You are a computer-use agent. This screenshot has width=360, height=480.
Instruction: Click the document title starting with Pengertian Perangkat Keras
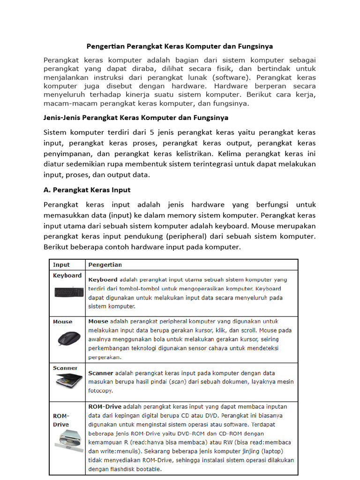click(180, 46)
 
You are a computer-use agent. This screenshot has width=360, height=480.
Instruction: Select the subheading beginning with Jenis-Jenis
click(136, 117)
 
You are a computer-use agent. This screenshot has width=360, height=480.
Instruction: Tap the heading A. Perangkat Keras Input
click(87, 190)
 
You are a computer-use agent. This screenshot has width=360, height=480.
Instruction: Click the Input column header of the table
click(61, 264)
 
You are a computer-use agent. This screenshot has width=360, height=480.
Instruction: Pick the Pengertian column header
click(105, 264)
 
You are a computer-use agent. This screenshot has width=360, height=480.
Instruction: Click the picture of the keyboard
click(69, 292)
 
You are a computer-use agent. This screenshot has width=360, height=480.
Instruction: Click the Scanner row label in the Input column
click(65, 368)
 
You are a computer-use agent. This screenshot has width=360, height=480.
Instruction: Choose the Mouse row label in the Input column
click(63, 322)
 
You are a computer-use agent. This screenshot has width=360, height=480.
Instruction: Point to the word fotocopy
click(100, 390)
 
